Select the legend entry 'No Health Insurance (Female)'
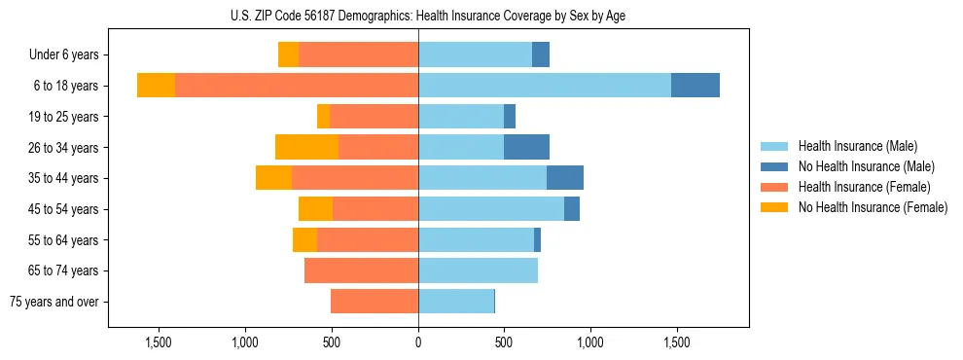[x=873, y=207]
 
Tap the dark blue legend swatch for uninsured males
[x=774, y=166]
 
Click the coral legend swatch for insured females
[x=774, y=187]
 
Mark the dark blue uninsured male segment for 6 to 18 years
[x=695, y=86]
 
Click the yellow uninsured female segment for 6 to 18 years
[x=156, y=86]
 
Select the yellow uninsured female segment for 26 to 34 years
[x=306, y=147]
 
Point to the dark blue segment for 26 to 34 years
[x=526, y=147]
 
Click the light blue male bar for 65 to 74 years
[x=478, y=270]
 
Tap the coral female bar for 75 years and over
[x=374, y=302]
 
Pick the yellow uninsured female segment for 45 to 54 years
[x=315, y=209]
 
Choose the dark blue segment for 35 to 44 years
[x=564, y=178]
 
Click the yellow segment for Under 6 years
[x=288, y=54]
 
